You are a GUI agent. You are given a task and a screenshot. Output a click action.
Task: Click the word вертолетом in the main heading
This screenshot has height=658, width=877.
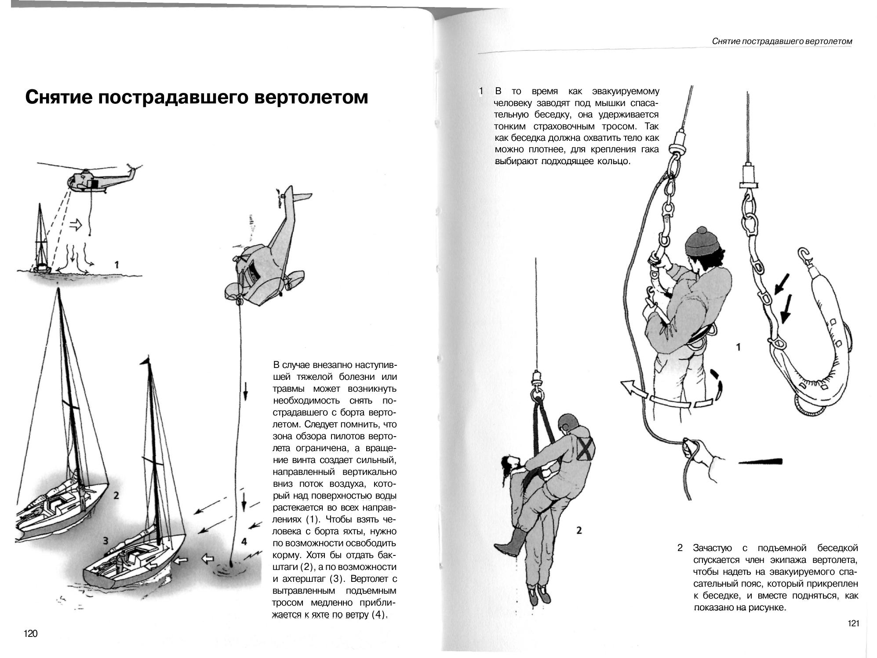tap(311, 97)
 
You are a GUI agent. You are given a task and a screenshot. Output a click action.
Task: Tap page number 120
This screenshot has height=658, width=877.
tap(31, 633)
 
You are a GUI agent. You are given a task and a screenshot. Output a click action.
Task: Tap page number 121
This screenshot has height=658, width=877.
tap(853, 623)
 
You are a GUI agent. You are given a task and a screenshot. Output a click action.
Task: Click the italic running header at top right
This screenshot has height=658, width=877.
tap(782, 41)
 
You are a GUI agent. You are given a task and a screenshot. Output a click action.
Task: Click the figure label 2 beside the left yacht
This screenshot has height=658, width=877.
tap(116, 495)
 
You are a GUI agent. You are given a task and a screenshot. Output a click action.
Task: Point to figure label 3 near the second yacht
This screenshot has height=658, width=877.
tap(106, 540)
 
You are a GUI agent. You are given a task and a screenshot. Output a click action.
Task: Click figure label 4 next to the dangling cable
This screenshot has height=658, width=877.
tap(244, 541)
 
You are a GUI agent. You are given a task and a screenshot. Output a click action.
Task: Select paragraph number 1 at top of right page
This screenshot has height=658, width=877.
tap(481, 92)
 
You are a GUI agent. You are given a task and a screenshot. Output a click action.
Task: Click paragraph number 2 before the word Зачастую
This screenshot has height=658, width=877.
tap(680, 548)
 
